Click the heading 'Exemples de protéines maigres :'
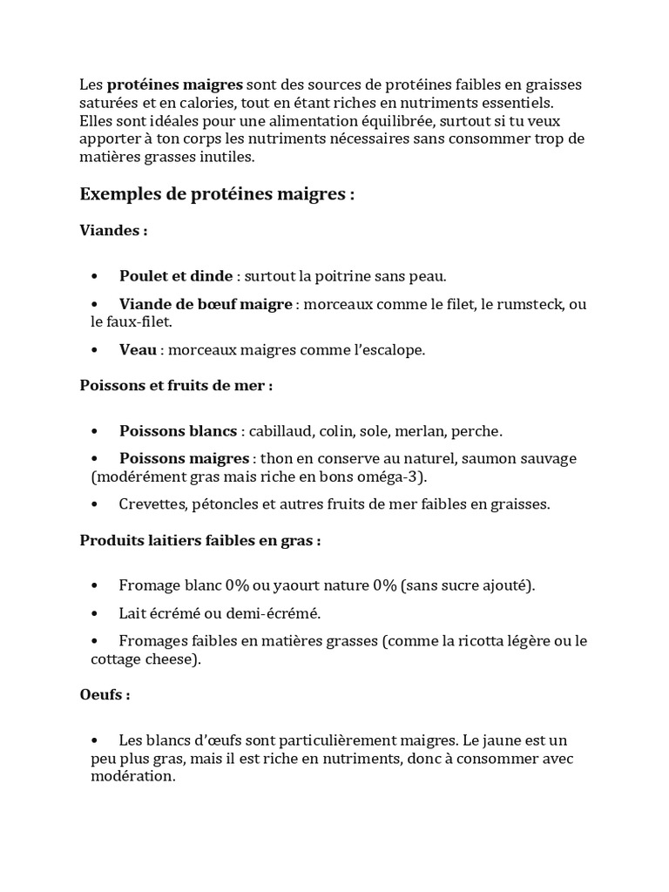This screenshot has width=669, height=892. [x=217, y=194]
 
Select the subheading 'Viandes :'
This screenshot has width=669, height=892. [x=113, y=232]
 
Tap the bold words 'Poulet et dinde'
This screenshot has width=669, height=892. [x=176, y=276]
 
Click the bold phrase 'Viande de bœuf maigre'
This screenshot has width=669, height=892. [x=206, y=304]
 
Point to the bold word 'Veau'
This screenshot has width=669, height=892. [x=138, y=349]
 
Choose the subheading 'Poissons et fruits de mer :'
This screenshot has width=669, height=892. [x=176, y=386]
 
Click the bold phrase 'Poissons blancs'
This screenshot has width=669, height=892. [x=178, y=430]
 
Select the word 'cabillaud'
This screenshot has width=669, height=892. [x=280, y=430]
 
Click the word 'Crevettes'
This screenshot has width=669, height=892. [x=152, y=504]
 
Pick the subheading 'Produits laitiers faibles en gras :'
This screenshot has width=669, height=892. [x=200, y=541]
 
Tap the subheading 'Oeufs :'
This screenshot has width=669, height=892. [x=105, y=696]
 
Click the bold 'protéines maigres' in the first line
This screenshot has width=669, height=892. [x=175, y=84]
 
